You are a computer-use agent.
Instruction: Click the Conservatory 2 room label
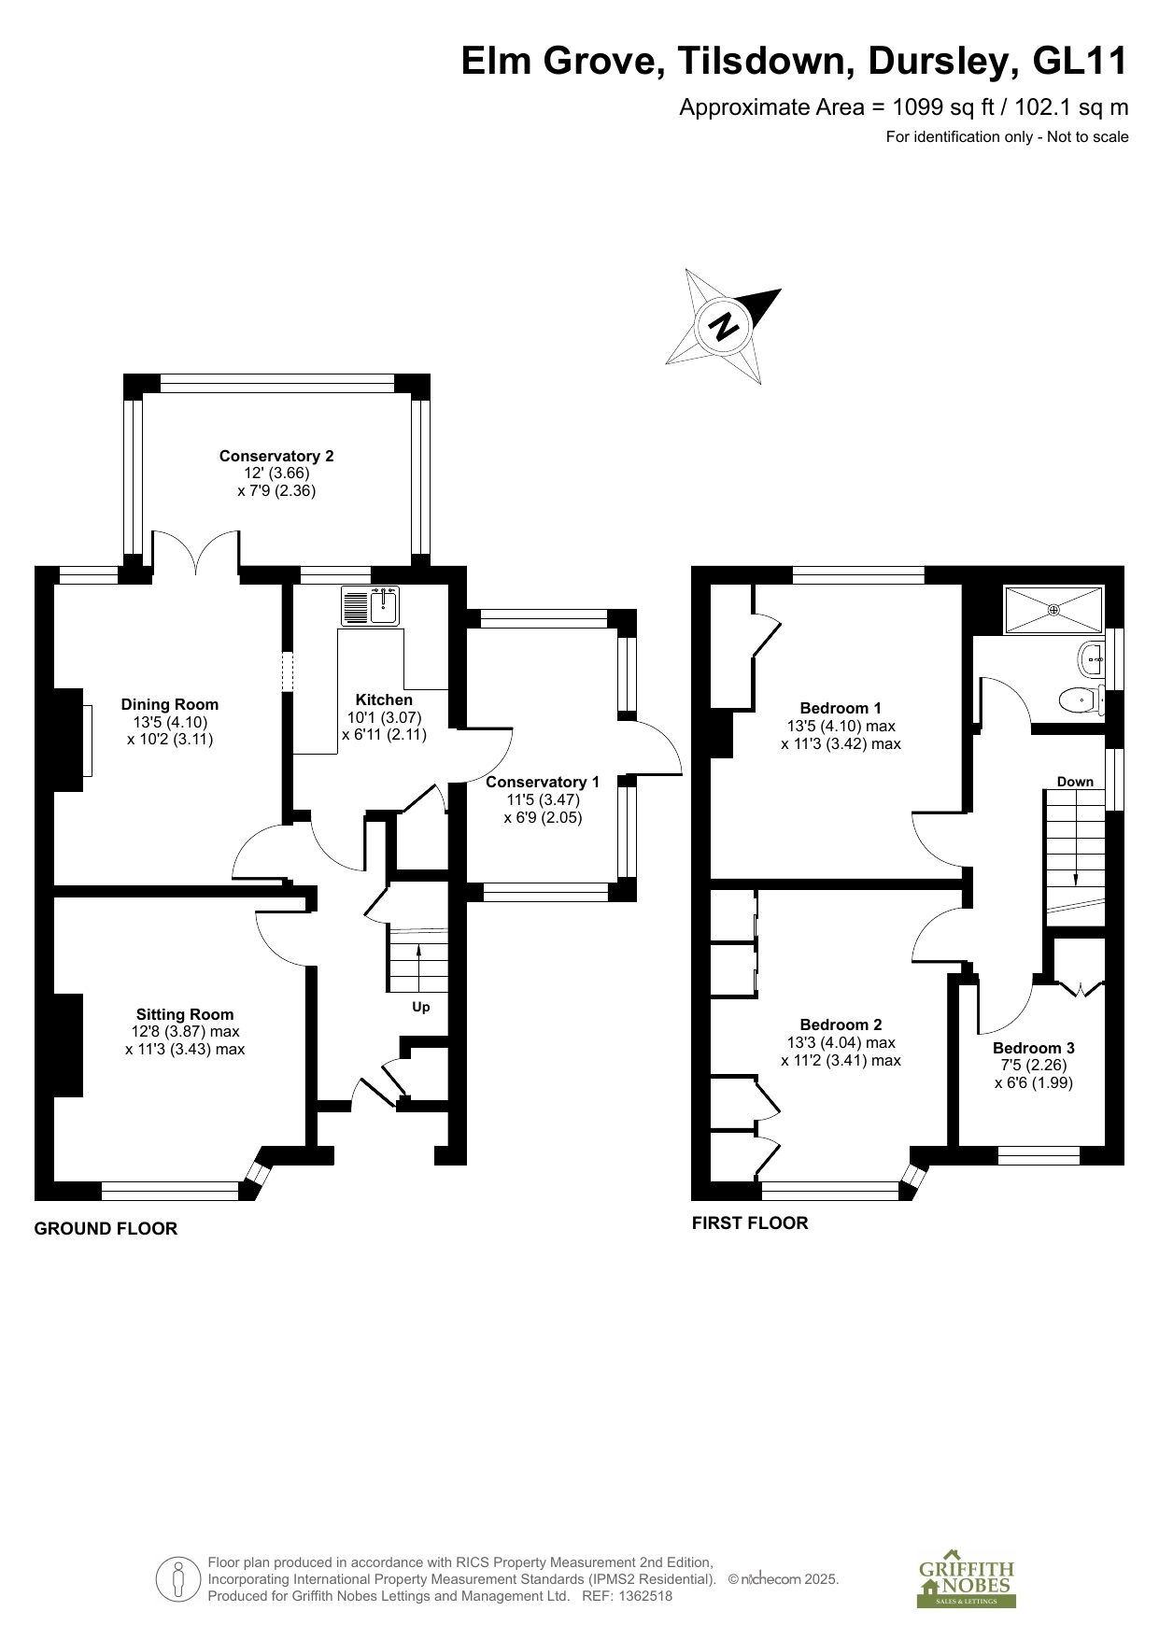coord(276,456)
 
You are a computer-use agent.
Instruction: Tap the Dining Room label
coord(170,704)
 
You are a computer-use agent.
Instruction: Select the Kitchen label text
coord(384,699)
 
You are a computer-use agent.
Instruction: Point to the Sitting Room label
coord(185,1014)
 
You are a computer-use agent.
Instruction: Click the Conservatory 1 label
coord(543,782)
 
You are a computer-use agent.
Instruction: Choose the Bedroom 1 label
coord(841,708)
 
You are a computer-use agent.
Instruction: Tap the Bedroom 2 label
coord(841,1024)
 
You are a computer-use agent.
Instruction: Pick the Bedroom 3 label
coord(1034,1048)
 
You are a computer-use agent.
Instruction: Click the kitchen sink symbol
coord(371,605)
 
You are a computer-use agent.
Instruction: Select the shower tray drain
coord(1053,610)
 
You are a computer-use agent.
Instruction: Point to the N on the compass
coord(725,326)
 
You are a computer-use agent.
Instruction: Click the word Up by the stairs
coord(421,1007)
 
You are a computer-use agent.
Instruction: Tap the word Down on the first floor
coord(1075,782)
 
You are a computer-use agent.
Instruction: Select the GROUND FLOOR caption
coord(106,1229)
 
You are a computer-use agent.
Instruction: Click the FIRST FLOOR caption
coord(750,1223)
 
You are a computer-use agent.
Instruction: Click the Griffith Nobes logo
coord(966,1583)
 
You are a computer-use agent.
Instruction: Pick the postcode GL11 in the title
coord(1081,62)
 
